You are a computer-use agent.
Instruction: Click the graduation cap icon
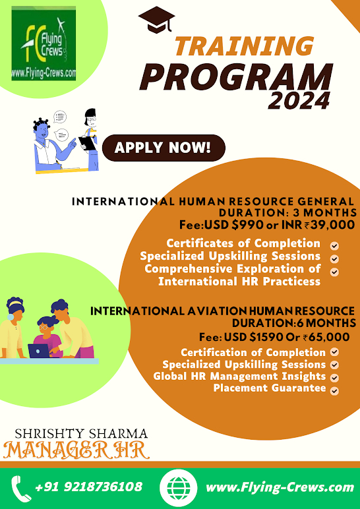(x=156, y=20)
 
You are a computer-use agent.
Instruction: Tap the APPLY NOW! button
(x=164, y=148)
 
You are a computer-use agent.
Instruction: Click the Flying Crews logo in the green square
(x=44, y=43)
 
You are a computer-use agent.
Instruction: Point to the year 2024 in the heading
(x=299, y=100)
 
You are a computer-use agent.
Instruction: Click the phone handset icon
(x=21, y=488)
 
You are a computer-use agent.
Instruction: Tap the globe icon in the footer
(x=178, y=488)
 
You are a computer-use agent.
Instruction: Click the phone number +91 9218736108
(x=88, y=487)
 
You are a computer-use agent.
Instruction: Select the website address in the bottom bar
(x=280, y=487)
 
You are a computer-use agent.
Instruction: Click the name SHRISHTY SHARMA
(x=81, y=434)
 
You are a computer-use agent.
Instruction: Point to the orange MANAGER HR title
(x=76, y=450)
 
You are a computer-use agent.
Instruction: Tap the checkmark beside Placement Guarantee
(x=335, y=390)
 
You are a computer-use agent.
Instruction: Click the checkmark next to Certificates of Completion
(x=335, y=246)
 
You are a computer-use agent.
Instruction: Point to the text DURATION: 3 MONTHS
(x=287, y=213)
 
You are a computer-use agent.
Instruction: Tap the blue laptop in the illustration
(x=39, y=351)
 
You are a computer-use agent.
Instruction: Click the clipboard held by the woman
(x=87, y=143)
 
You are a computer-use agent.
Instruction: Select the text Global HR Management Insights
(x=239, y=376)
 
